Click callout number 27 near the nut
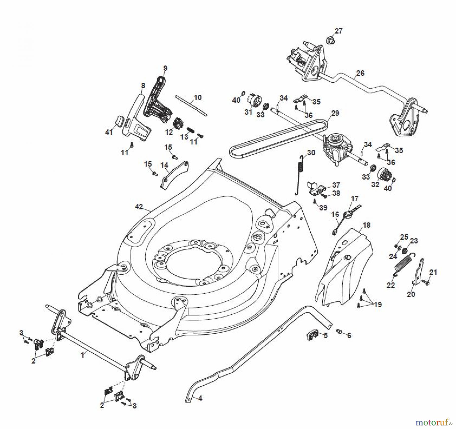(x=338, y=31)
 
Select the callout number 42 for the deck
(x=139, y=207)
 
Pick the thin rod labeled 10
(x=191, y=105)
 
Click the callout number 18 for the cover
(x=366, y=225)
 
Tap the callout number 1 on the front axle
(x=83, y=355)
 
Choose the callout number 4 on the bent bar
(x=200, y=398)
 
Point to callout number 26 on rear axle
(x=360, y=73)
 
